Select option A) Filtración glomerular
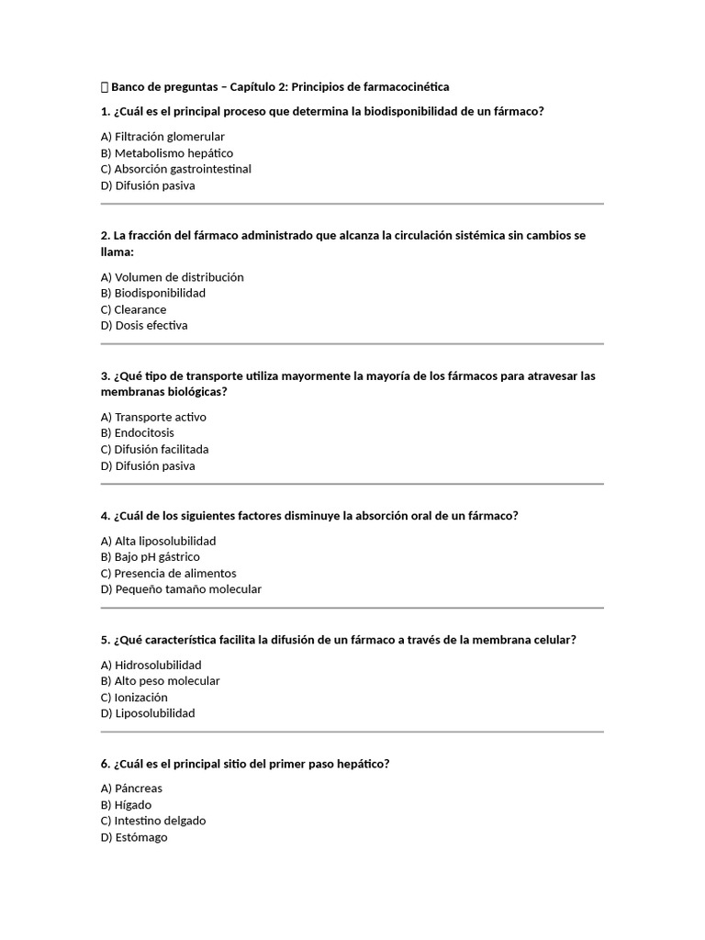pyautogui.click(x=162, y=137)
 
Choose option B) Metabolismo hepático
pyautogui.click(x=167, y=153)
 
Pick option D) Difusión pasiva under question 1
pyautogui.click(x=148, y=185)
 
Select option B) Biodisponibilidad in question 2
pyautogui.click(x=153, y=293)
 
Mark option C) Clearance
pyautogui.click(x=134, y=309)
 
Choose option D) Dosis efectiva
pyautogui.click(x=144, y=325)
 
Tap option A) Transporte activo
pyautogui.click(x=153, y=417)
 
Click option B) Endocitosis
pyautogui.click(x=138, y=432)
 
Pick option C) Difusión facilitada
pyautogui.click(x=155, y=449)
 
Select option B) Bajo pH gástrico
pyautogui.click(x=151, y=556)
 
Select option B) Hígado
pyautogui.click(x=127, y=805)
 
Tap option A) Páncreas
pyautogui.click(x=131, y=789)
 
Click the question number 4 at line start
pyautogui.click(x=105, y=516)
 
